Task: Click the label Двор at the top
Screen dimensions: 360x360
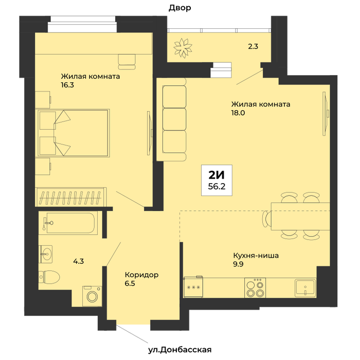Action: coord(180,8)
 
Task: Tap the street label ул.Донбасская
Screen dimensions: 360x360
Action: coord(180,350)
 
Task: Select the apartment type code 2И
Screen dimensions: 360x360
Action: coord(217,175)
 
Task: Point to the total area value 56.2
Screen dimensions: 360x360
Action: coord(217,186)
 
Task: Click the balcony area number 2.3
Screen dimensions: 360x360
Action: coord(253,46)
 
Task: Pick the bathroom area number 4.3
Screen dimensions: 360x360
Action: coord(78,261)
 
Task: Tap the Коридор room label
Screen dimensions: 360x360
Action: coord(141,275)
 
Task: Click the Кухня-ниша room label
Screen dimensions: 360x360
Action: coord(256,255)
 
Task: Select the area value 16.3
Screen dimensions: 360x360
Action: coord(67,85)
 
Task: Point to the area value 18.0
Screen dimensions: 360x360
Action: coord(238,113)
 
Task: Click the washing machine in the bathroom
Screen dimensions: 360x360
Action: coord(92,296)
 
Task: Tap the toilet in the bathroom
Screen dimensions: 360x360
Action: coord(49,277)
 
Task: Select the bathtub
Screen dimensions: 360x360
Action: coord(68,223)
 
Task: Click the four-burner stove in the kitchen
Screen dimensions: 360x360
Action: coord(255,288)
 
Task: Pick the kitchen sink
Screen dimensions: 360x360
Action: coord(305,287)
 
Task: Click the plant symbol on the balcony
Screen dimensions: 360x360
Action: coord(183,48)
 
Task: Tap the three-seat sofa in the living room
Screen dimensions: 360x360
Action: coord(171,119)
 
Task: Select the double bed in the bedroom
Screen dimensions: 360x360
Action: coord(74,133)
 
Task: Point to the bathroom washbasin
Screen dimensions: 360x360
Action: coord(45,254)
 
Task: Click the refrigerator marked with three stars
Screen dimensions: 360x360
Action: coord(193,287)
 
